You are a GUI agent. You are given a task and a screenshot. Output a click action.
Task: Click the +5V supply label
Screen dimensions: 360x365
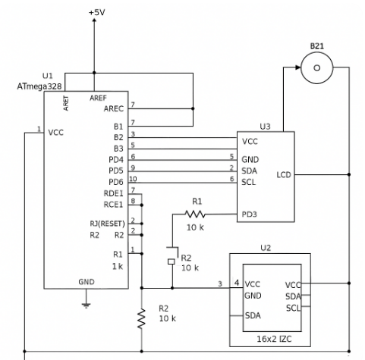coord(97,13)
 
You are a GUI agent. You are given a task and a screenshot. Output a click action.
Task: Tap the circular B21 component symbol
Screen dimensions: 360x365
coord(316,70)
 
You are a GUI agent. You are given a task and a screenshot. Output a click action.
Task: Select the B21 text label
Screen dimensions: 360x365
coord(316,46)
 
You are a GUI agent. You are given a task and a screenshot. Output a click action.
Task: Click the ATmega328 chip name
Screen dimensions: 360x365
coord(39,87)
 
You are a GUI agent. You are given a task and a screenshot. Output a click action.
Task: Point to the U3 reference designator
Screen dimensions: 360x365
coord(265,126)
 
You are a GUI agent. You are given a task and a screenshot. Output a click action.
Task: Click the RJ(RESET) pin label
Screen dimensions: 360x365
coord(108,223)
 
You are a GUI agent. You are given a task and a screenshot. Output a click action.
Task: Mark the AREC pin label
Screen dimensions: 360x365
coord(114,108)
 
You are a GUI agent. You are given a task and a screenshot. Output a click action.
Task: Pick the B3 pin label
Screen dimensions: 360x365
coord(118,149)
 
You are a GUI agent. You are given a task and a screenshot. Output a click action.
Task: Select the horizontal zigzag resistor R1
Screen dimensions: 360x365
coord(197,215)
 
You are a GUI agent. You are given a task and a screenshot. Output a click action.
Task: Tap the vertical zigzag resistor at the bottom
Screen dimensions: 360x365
coord(141,319)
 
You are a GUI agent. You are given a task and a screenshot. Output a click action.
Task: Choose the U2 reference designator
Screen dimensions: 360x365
coord(266,247)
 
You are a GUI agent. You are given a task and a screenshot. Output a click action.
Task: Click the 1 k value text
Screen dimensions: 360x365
coord(117,267)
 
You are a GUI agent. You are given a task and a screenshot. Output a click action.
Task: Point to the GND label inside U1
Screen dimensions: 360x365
coord(87,281)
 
